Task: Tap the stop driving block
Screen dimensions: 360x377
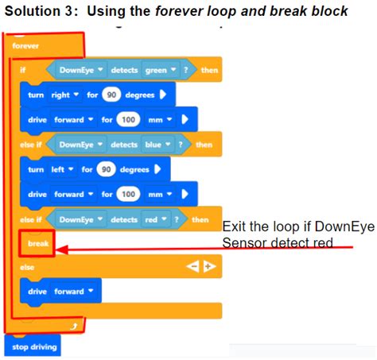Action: point(33,346)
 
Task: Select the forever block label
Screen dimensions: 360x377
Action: point(26,46)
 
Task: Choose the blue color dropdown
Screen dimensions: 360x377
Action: point(151,145)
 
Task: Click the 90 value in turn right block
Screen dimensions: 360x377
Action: point(112,95)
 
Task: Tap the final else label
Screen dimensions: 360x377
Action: point(29,268)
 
